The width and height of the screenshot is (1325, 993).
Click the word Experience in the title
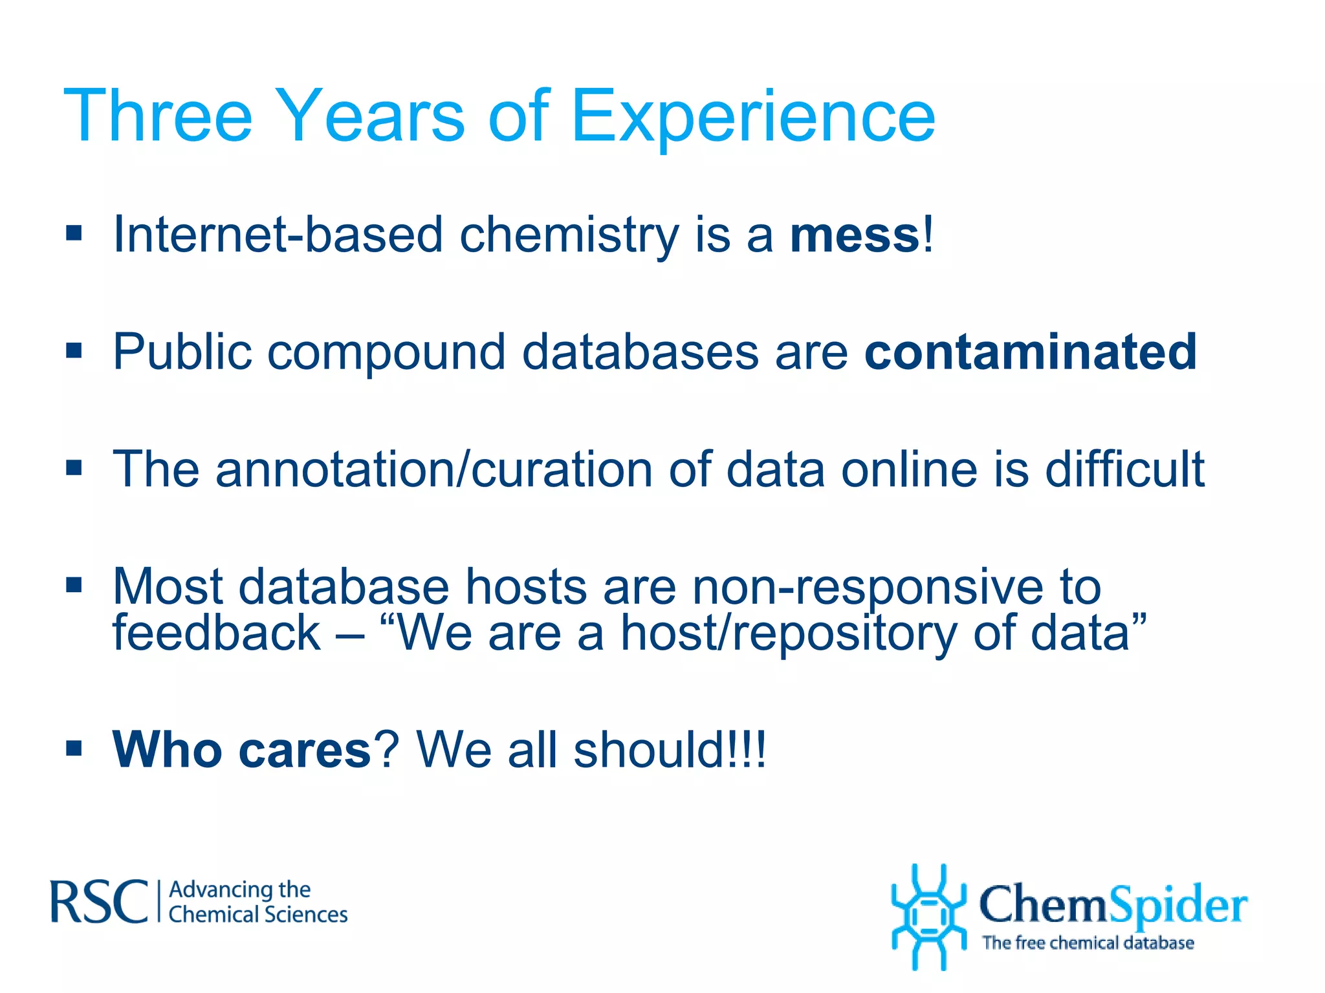[x=753, y=116]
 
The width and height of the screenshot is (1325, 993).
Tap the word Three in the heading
[x=158, y=116]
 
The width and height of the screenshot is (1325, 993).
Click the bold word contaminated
[x=1031, y=352]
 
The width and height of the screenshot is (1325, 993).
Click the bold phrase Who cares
[x=241, y=750]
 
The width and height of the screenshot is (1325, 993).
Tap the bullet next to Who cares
[x=74, y=749]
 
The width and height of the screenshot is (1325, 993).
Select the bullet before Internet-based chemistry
[x=74, y=233]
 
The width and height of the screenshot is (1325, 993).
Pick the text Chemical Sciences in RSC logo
[x=257, y=915]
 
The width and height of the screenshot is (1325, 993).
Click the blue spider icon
[x=928, y=917]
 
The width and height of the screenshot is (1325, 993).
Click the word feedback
[x=216, y=634]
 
